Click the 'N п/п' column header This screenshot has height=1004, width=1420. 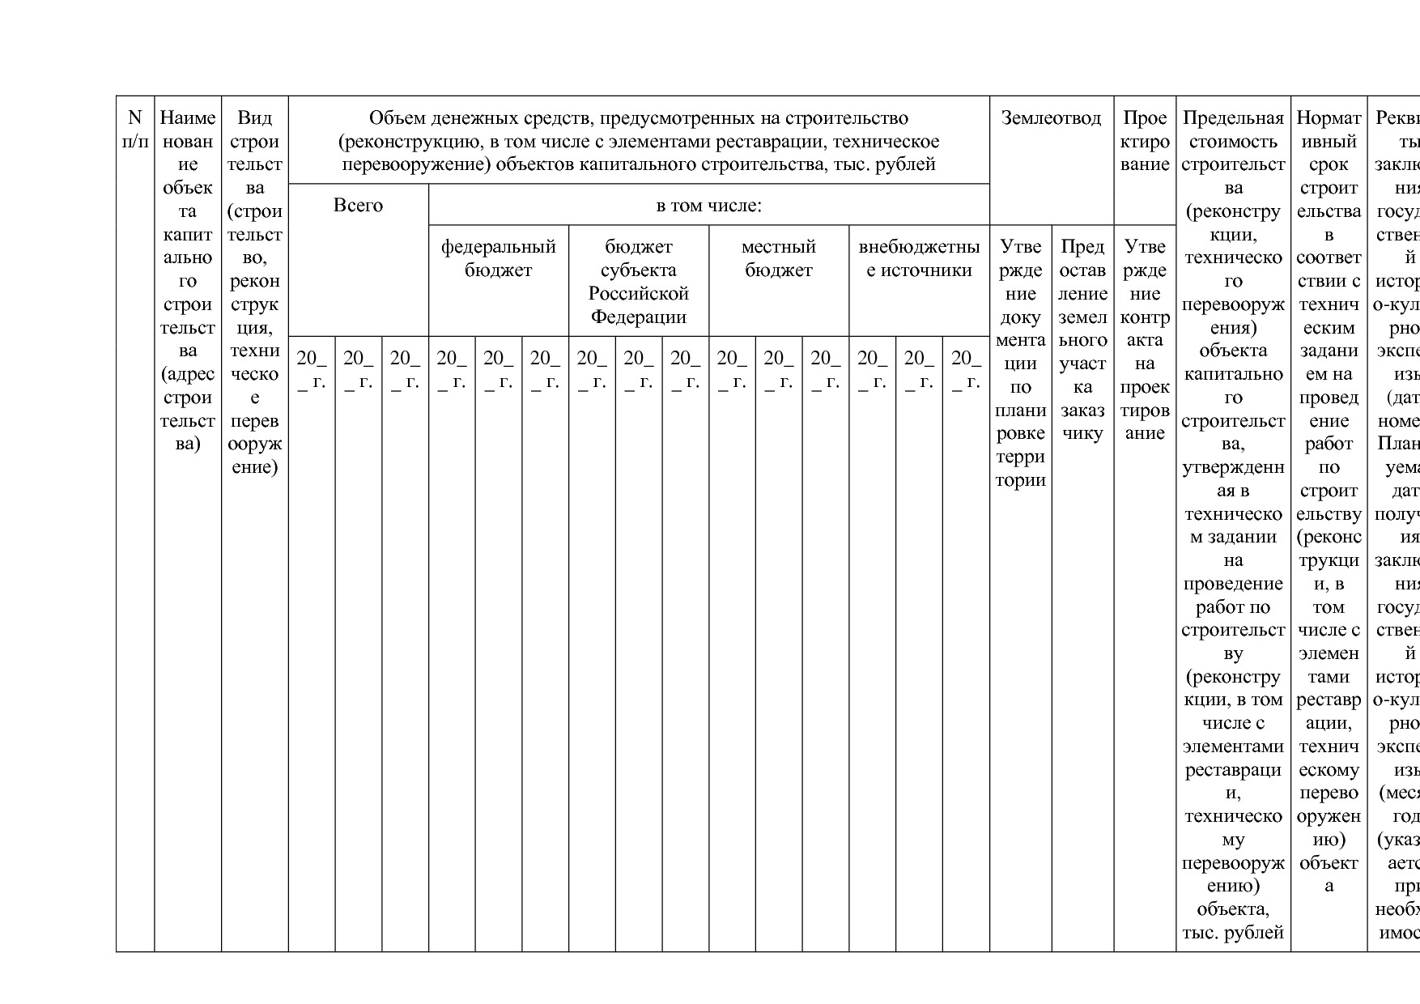[135, 130]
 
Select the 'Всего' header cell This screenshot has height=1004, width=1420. [358, 206]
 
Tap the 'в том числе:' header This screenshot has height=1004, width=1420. [708, 206]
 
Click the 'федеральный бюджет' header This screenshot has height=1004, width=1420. [498, 258]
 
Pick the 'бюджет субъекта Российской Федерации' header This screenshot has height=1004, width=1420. [638, 281]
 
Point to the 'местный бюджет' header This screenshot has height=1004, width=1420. [778, 258]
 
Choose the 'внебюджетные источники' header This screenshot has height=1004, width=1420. [919, 258]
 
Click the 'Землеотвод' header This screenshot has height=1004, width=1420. [1051, 118]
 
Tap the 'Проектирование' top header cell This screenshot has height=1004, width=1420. [1145, 141]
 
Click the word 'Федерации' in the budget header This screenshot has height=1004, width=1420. [638, 317]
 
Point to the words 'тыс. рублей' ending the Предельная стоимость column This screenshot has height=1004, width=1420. [1232, 933]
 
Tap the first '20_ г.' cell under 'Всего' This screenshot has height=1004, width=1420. [312, 369]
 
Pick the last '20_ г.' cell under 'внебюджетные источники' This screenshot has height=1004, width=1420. [966, 369]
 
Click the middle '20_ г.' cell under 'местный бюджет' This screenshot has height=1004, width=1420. [779, 369]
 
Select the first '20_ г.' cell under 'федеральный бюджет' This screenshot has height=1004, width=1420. [452, 369]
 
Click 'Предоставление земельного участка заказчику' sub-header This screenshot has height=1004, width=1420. [1082, 339]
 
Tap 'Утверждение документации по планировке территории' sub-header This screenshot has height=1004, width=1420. [1020, 363]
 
